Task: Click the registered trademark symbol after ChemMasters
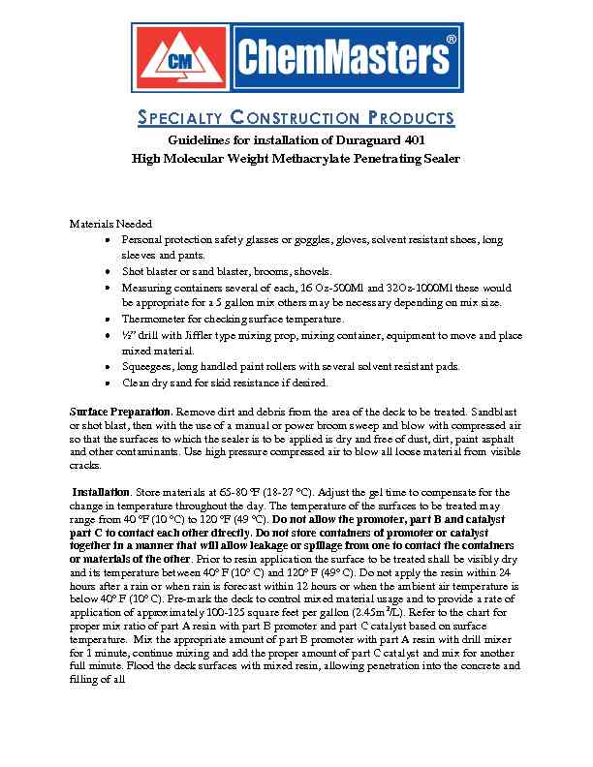452,39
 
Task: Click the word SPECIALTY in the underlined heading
184,119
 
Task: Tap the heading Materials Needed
110,224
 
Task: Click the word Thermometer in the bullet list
153,319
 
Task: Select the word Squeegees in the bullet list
149,366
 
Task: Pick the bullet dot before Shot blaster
106,272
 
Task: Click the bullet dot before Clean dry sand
106,383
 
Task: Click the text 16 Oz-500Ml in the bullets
334,288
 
